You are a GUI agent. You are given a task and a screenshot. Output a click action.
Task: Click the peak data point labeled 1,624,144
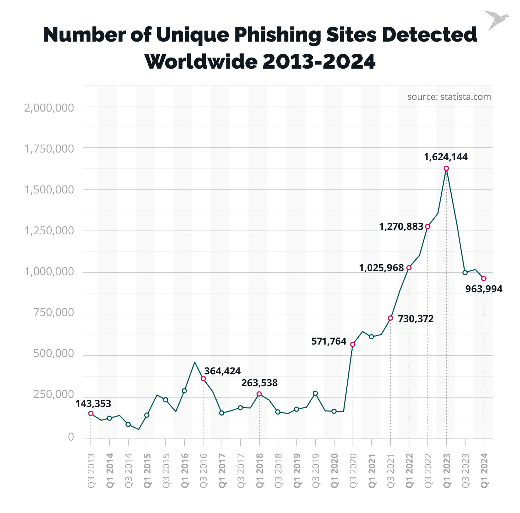tap(447, 168)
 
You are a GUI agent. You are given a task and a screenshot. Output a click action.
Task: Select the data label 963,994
tap(484, 289)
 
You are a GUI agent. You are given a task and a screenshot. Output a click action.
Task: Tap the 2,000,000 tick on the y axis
tap(49, 108)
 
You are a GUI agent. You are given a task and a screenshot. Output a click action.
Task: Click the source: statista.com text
tap(449, 97)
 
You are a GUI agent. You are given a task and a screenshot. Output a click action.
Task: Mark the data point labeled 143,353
tap(91, 413)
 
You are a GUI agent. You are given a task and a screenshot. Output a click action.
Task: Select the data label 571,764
tap(329, 341)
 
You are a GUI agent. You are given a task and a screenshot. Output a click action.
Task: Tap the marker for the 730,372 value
tap(390, 318)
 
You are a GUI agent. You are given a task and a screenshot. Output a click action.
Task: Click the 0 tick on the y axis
tap(71, 437)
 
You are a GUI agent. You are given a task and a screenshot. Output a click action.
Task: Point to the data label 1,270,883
tap(401, 227)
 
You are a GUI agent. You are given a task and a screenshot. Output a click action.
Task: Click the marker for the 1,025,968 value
tap(409, 268)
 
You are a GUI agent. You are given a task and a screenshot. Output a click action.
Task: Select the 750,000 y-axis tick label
tap(54, 312)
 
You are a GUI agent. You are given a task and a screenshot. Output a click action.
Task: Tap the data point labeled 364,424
tap(203, 379)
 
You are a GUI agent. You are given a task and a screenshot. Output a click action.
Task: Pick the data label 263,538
tap(259, 383)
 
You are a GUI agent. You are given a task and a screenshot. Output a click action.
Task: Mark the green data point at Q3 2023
tap(465, 272)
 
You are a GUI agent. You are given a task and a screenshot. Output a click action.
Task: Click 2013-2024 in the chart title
tap(319, 62)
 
